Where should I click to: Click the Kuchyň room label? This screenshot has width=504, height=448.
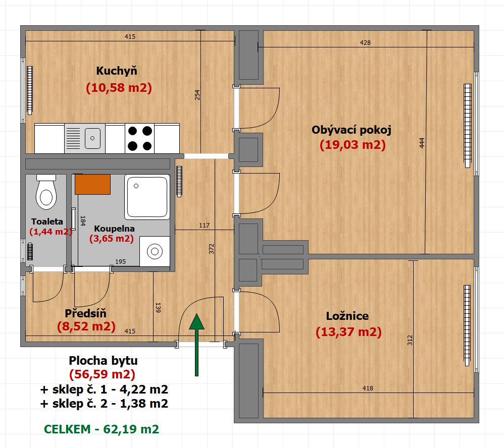pos(117,71)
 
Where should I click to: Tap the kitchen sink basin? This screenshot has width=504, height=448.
pos(92,138)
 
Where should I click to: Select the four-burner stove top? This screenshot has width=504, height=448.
pos(139,138)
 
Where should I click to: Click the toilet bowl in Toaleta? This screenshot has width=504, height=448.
pos(46,192)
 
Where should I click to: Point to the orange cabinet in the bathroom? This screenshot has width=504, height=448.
pos(92,184)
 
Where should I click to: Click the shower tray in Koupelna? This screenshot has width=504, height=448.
pos(147,197)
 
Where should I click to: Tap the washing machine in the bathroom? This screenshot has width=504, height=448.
pos(155,251)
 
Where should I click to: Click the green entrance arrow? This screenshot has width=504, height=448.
pos(197,345)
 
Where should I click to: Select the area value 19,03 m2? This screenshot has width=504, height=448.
pos(352,145)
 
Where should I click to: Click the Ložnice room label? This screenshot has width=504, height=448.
pos(347,316)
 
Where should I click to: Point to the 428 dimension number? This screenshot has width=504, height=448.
pos(365,43)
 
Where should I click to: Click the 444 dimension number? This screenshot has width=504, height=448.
pos(422,143)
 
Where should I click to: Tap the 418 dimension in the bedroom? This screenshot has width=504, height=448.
pos(368,388)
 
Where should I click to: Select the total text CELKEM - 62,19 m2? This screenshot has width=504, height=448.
pos(102,429)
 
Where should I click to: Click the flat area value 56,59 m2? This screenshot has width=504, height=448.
pos(102,374)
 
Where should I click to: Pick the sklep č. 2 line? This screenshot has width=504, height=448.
pos(104,404)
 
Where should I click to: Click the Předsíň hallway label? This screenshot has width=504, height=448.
pos(85,313)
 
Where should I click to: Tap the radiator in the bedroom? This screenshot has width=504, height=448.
pos(467,325)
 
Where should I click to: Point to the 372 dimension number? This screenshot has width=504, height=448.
pos(211,249)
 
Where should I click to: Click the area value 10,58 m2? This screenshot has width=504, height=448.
pos(119,88)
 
